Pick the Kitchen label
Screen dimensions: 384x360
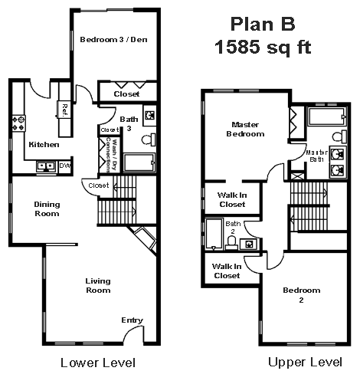(39, 144)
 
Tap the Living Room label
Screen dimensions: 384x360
(97, 285)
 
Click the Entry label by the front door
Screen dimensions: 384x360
(131, 320)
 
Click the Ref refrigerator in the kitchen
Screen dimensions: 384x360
(65, 110)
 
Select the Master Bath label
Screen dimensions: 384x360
(316, 156)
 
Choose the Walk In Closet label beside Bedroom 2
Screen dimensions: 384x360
(226, 271)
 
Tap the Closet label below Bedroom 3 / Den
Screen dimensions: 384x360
(126, 94)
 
